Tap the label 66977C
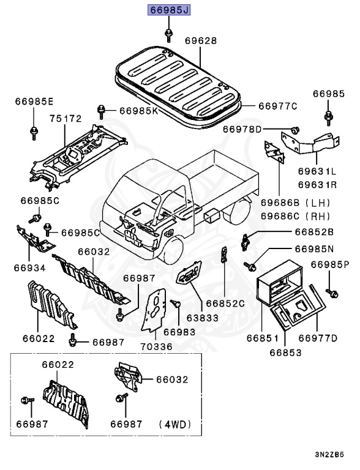coord(277,106)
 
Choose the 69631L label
coord(317,172)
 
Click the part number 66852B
coord(314,232)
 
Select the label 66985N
coord(314,249)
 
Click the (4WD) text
coord(176,423)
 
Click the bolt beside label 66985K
coord(101,111)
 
